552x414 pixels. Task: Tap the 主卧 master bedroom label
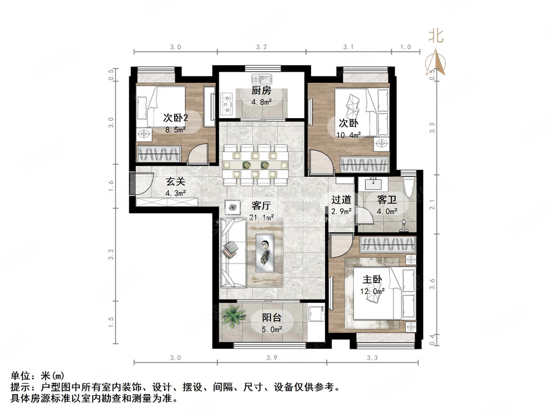(372, 280)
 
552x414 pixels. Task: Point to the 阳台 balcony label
(273, 318)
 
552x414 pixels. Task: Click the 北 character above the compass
(436, 36)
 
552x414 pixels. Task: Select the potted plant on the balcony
(233, 316)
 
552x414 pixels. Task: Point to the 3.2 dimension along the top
(261, 47)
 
